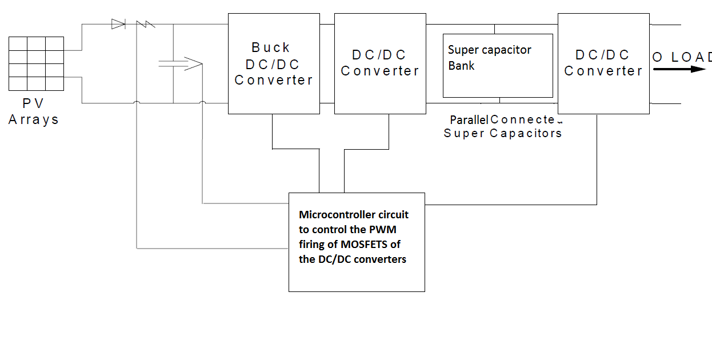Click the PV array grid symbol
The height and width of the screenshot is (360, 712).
click(x=36, y=63)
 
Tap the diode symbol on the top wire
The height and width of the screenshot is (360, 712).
click(x=118, y=24)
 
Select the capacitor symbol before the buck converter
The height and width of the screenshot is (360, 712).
click(x=173, y=63)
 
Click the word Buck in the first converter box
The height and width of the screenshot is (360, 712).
click(x=271, y=47)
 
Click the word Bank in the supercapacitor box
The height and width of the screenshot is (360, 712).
click(x=461, y=66)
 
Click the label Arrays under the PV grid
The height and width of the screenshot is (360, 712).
click(x=34, y=120)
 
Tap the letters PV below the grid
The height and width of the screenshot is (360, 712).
click(x=33, y=104)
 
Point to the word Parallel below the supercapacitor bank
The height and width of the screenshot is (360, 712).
click(x=469, y=120)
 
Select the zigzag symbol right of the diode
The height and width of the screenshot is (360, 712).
click(x=146, y=24)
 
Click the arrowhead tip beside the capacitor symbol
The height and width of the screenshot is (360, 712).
click(x=202, y=63)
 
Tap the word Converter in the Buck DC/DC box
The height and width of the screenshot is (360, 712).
click(x=274, y=80)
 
